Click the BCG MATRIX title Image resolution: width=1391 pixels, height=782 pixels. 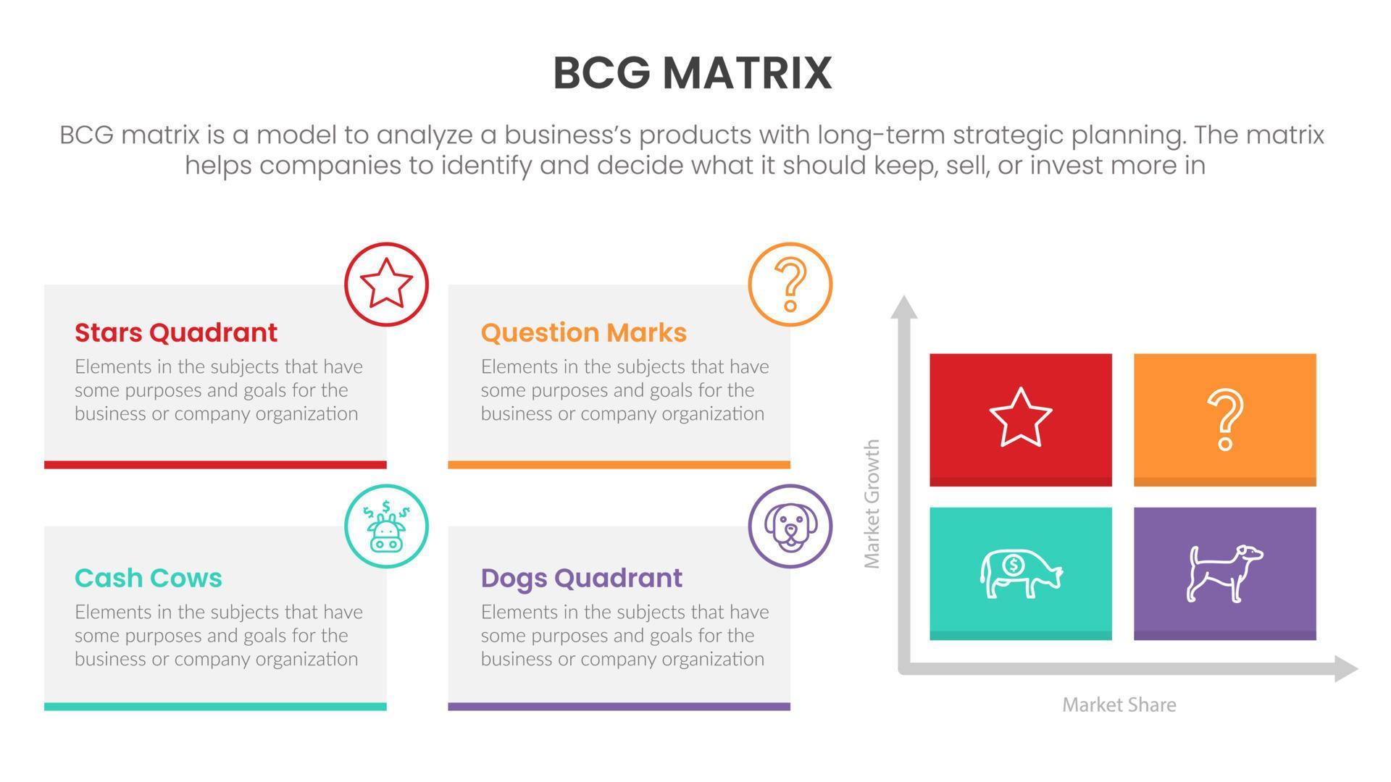(x=693, y=73)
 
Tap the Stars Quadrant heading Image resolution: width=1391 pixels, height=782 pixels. (x=176, y=332)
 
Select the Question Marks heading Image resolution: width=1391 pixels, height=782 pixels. (x=583, y=332)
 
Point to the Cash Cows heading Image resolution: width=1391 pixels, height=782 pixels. (x=149, y=578)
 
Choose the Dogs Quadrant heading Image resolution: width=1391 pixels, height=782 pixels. (x=581, y=578)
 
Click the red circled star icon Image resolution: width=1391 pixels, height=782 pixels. (x=386, y=284)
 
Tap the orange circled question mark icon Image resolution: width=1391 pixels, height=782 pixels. (x=790, y=284)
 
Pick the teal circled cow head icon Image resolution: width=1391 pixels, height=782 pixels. (x=386, y=526)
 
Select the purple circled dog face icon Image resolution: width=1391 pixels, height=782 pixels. (x=790, y=526)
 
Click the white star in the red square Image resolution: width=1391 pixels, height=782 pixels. (x=1020, y=418)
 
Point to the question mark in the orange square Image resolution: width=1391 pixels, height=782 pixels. (x=1224, y=420)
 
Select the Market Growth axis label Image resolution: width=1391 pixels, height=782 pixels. (x=872, y=503)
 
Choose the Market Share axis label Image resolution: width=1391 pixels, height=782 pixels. (x=1119, y=705)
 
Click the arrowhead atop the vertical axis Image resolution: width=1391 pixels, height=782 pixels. (x=903, y=307)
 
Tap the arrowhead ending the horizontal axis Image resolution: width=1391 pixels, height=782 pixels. (x=1345, y=668)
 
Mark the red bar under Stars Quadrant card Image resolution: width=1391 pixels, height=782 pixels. (x=215, y=465)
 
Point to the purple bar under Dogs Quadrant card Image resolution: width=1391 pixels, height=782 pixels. (x=619, y=707)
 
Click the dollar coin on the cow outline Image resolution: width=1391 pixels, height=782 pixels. (x=1013, y=565)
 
